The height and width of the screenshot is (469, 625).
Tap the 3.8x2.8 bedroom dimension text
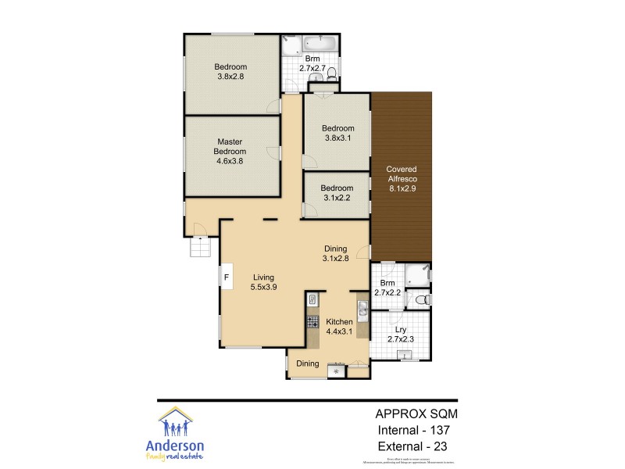pos(230,77)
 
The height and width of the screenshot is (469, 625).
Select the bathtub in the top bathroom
pos(320,43)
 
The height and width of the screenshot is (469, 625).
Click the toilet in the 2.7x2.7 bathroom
pos(331,74)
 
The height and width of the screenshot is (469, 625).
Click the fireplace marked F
pos(227,277)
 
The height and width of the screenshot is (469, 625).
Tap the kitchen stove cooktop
pos(312,320)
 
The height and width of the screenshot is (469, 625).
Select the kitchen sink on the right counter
pos(362,310)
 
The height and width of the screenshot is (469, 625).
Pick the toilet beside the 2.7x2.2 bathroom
pos(421,299)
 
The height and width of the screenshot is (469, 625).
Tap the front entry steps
pos(200,247)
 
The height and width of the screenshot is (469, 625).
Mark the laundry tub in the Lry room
pos(405,356)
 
